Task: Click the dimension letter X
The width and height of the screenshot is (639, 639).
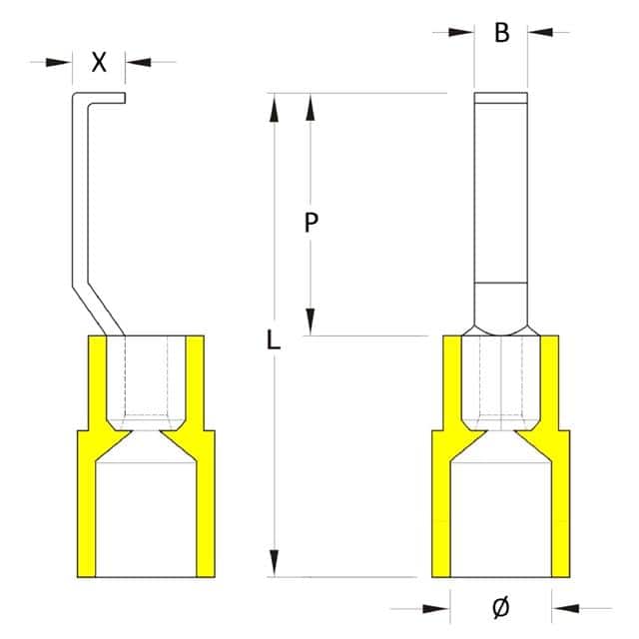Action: point(99,62)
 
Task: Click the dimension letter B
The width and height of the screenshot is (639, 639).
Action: point(502,33)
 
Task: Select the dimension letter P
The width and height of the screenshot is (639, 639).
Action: point(312,224)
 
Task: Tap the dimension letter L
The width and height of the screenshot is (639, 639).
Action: point(275,339)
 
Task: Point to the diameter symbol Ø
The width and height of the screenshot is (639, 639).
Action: point(502,606)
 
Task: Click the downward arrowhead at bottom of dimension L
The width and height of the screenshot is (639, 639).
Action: point(275,562)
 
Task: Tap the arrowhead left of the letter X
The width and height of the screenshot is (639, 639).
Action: point(62,62)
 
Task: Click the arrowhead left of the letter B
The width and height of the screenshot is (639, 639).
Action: point(462,33)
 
